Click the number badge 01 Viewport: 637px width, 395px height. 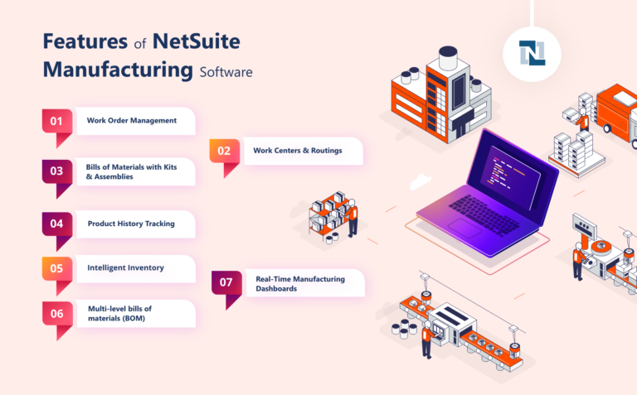(x=56, y=121)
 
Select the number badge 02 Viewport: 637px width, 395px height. (x=224, y=152)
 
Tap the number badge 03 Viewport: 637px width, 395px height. (x=56, y=171)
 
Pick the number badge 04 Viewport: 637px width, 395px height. (x=56, y=224)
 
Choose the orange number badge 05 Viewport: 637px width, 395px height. (x=56, y=268)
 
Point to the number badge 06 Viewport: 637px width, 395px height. (x=56, y=314)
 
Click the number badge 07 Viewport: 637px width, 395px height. (x=226, y=282)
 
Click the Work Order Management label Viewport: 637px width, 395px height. (x=131, y=121)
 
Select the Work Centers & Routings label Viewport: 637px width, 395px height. (x=296, y=151)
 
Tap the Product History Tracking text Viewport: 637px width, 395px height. (x=131, y=224)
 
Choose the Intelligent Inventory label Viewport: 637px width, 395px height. (x=125, y=268)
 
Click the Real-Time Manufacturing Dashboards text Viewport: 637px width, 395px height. (x=299, y=284)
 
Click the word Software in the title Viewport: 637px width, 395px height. (x=226, y=71)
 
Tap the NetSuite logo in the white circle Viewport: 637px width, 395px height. (x=531, y=52)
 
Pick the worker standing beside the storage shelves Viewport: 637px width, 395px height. (x=352, y=217)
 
